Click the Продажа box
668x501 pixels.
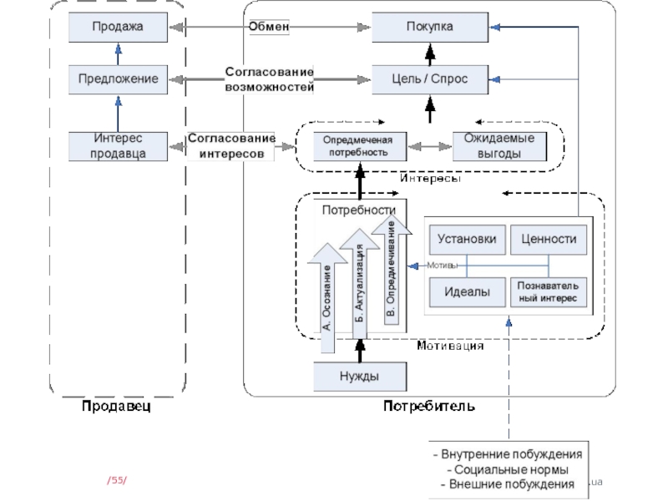tap(118, 28)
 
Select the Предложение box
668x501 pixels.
tap(118, 79)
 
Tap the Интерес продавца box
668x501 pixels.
tap(118, 145)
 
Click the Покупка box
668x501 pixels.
tap(430, 28)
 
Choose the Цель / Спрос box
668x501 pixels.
tap(430, 79)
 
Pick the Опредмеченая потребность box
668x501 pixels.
tap(359, 146)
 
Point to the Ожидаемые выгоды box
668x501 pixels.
tap(499, 146)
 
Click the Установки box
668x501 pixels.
tap(468, 239)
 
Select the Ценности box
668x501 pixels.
tap(548, 239)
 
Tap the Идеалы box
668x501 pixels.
tap(468, 291)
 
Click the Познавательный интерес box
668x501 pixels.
tap(548, 291)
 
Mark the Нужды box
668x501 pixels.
tap(359, 377)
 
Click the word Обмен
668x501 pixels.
tap(269, 27)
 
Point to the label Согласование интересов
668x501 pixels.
tap(230, 145)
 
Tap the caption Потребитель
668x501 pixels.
tap(429, 407)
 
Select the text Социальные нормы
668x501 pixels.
tap(506, 469)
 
